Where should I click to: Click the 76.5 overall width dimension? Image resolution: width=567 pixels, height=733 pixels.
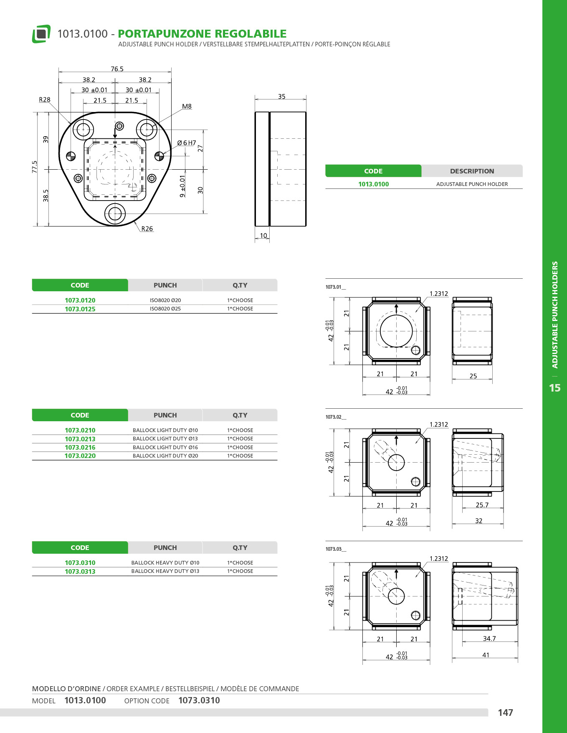pos(117,69)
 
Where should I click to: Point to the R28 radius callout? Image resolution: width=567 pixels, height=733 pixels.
pos(45,100)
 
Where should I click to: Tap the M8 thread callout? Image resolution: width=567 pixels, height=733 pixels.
pos(187,107)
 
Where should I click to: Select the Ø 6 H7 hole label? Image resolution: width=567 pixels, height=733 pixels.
pos(187,143)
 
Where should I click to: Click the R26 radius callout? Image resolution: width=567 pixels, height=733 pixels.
pos(147,229)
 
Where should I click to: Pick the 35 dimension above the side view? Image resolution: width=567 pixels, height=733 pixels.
pos(282,97)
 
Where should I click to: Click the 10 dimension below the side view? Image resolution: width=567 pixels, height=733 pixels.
pos(263,236)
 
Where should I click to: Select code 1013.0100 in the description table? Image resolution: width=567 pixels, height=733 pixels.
pos(373,184)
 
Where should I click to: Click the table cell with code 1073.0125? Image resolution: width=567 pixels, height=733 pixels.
pos(80,309)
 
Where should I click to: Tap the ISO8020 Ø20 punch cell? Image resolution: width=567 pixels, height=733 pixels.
pos(165,300)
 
